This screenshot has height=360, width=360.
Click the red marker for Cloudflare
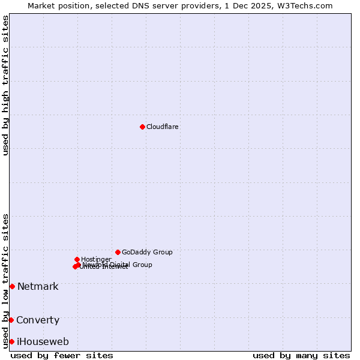(142, 127)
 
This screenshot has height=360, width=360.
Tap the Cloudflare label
(163, 127)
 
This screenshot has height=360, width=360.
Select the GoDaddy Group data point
(118, 252)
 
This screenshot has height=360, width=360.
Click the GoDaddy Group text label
(147, 252)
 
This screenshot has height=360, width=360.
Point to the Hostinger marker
(77, 259)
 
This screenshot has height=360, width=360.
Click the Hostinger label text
(96, 259)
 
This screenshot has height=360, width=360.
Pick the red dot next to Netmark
(12, 286)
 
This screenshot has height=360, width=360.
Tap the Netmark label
(38, 286)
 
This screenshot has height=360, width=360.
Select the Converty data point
(11, 320)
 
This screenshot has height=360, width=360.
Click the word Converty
(38, 320)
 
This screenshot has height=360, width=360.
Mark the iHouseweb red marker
(11, 341)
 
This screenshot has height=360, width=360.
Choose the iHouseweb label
(43, 341)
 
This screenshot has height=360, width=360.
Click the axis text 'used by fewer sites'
(62, 355)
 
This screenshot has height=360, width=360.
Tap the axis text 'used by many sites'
(301, 355)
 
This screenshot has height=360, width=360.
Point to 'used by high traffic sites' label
(5, 85)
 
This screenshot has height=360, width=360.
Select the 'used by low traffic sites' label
(5, 281)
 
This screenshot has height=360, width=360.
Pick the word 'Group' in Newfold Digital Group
(141, 265)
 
